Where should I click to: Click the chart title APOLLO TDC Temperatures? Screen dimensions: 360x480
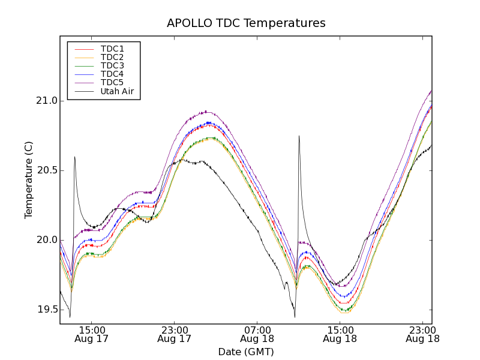pyautogui.click(x=246, y=23)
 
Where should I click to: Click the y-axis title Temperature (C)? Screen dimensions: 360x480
pyautogui.click(x=29, y=180)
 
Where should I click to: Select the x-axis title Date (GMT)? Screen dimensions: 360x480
pyautogui.click(x=246, y=352)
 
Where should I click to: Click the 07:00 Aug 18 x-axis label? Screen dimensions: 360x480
pyautogui.click(x=257, y=334)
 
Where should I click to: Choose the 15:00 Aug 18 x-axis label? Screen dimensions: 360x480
pyautogui.click(x=340, y=334)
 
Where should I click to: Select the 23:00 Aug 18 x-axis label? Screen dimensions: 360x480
pyautogui.click(x=422, y=334)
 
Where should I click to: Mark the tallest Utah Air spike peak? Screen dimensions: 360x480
pyautogui.click(x=299, y=136)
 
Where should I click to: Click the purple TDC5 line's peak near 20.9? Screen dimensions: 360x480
pyautogui.click(x=205, y=112)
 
